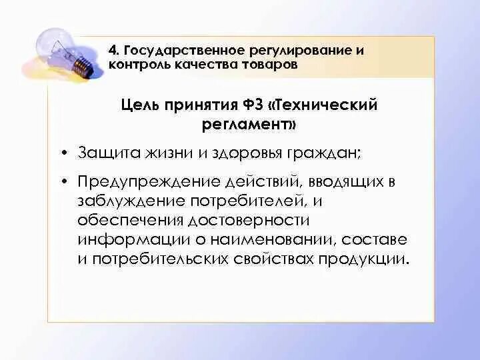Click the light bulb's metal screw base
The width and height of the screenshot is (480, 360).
[x=81, y=65]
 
